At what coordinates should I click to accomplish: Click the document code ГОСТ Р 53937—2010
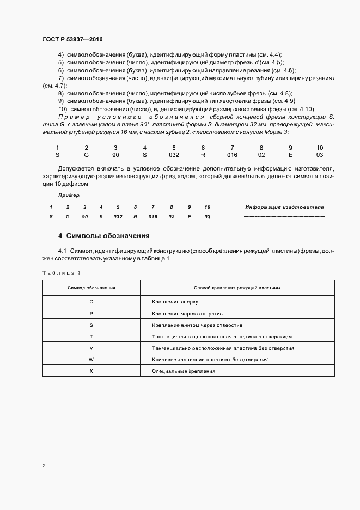click(72, 39)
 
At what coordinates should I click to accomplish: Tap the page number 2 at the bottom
click(44, 465)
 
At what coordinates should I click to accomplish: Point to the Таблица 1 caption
click(61, 272)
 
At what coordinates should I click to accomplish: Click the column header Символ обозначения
click(91, 288)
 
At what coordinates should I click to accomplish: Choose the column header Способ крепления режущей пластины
click(237, 288)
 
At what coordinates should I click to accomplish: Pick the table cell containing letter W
click(91, 360)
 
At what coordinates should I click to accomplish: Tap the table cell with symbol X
click(91, 371)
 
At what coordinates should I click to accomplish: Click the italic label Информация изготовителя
click(284, 207)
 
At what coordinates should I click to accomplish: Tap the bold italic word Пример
click(69, 195)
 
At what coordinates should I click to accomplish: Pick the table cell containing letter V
click(91, 348)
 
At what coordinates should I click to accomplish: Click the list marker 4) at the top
click(61, 55)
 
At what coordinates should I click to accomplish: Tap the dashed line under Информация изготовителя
click(284, 217)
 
